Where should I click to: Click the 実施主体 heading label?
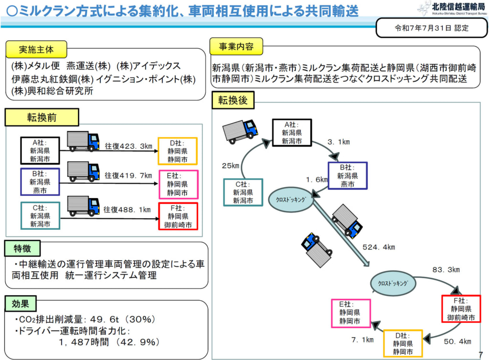tap(36, 50)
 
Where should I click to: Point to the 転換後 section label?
tap(234, 100)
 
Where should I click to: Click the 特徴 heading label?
tap(22, 249)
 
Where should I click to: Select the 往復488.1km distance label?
tap(128, 210)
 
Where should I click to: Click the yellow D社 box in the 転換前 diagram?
tap(178, 151)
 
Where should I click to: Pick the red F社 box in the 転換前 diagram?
tap(178, 216)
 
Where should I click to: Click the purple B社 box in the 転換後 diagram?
tap(347, 176)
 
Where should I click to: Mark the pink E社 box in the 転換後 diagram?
tap(351, 313)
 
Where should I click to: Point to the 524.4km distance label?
tap(379, 247)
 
